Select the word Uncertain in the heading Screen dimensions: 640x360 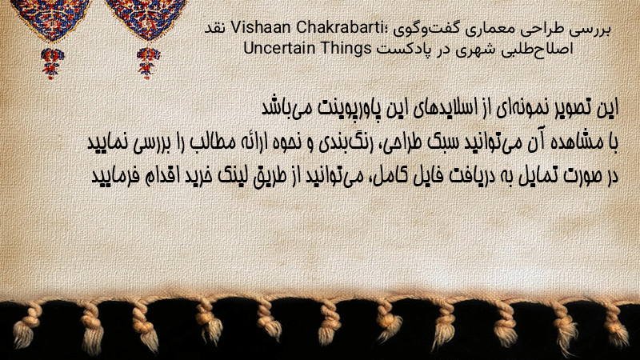click(279, 48)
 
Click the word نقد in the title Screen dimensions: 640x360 click(214, 28)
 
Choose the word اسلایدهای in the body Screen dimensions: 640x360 click(445, 108)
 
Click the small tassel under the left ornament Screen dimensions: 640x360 click(52, 63)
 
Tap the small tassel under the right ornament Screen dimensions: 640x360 click(148, 62)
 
